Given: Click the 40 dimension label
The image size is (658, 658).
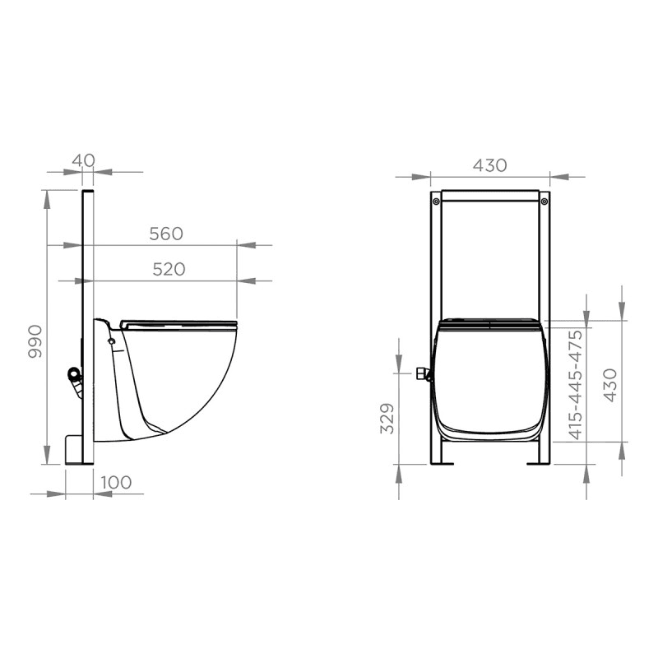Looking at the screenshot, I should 84,160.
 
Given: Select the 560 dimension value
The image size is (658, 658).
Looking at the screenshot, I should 165,234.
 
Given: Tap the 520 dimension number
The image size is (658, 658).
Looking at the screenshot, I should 169,269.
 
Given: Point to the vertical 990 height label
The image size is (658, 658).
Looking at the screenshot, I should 35,341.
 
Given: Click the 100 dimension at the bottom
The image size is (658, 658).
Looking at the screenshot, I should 115,482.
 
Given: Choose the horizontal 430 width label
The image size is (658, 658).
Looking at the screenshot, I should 489,164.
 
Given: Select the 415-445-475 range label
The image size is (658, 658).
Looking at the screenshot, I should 576,383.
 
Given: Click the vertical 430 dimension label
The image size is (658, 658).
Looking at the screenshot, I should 610,384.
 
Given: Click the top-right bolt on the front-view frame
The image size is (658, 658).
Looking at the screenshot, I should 543,199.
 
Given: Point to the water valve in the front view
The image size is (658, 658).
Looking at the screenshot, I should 424,375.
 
